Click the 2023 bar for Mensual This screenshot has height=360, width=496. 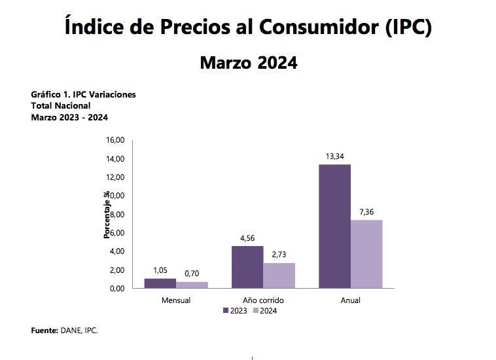point(160,283)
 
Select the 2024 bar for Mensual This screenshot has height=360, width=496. point(192,285)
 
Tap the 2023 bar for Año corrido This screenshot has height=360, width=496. point(247,266)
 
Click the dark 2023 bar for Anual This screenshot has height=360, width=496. point(334,226)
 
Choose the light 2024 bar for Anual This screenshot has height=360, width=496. point(366,253)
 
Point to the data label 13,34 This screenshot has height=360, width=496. point(334,156)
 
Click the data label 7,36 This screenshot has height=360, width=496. point(366,211)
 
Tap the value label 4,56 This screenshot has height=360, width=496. point(247,238)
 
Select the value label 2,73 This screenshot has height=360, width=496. point(279,255)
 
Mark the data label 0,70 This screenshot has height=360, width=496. point(192,274)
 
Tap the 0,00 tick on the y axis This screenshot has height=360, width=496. point(116,289)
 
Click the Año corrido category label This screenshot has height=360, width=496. point(263,300)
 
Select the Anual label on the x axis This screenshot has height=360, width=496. point(351,300)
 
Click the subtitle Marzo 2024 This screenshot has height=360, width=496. point(248,63)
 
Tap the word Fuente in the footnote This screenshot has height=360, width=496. point(44,331)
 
